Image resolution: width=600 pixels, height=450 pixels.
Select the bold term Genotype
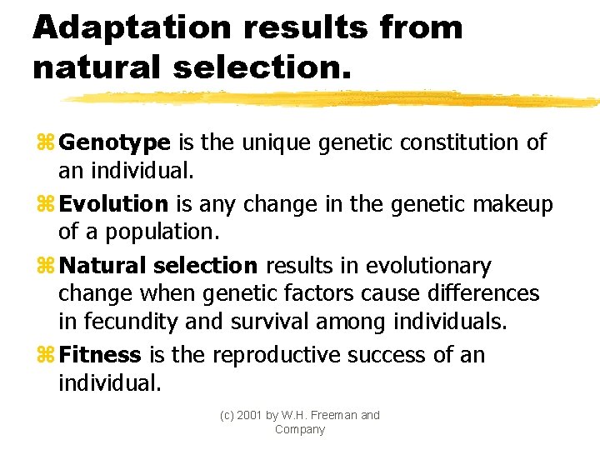point(115,143)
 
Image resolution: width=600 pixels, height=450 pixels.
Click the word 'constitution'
point(459,142)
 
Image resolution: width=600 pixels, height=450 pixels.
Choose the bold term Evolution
point(114,204)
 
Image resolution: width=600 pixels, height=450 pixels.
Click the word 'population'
point(158,232)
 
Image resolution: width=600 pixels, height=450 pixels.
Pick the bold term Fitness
point(101,356)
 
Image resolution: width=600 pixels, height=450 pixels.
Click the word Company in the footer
point(300,429)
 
